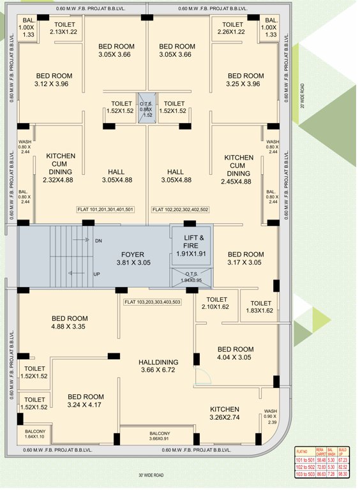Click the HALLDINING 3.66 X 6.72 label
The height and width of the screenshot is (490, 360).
click(158, 366)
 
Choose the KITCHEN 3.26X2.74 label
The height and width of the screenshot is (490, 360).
click(224, 413)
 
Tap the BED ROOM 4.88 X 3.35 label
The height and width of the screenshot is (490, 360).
click(70, 322)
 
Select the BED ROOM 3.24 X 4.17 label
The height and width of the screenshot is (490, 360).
click(86, 401)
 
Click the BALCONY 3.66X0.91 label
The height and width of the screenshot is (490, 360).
click(155, 436)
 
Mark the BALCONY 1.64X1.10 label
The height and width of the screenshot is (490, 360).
click(34, 434)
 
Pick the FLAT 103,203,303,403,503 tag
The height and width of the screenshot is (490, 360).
click(153, 302)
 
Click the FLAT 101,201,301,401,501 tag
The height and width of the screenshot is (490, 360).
click(105, 209)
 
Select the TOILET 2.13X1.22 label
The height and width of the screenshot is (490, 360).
click(63, 28)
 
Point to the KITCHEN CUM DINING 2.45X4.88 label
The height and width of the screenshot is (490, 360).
click(238, 169)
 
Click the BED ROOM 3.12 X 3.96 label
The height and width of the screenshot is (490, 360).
click(54, 80)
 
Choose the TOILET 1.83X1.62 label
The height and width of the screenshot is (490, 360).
click(261, 307)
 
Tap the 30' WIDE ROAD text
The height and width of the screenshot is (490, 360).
click(151, 475)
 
